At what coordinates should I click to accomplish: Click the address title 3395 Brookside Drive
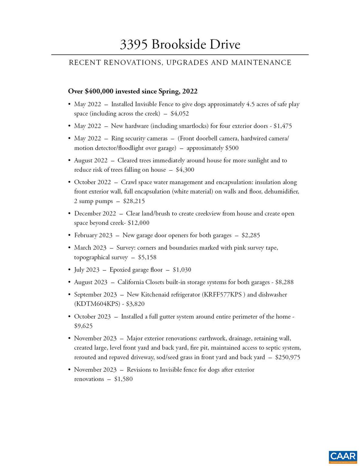click(x=180, y=44)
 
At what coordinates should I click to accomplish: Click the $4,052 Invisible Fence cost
click(x=180, y=114)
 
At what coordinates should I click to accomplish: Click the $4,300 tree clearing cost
click(x=185, y=170)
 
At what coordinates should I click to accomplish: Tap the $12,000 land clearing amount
click(x=138, y=223)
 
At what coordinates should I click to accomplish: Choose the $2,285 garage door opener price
click(x=251, y=235)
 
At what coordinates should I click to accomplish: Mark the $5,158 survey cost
click(x=147, y=257)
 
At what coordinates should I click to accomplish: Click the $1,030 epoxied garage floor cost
click(x=182, y=270)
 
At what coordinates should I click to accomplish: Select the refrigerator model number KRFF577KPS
click(x=223, y=295)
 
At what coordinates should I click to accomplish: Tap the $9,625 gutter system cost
click(x=83, y=326)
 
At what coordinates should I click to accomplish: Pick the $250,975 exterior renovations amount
click(x=288, y=357)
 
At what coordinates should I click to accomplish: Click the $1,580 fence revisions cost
click(x=123, y=379)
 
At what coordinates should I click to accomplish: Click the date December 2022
click(x=95, y=214)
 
